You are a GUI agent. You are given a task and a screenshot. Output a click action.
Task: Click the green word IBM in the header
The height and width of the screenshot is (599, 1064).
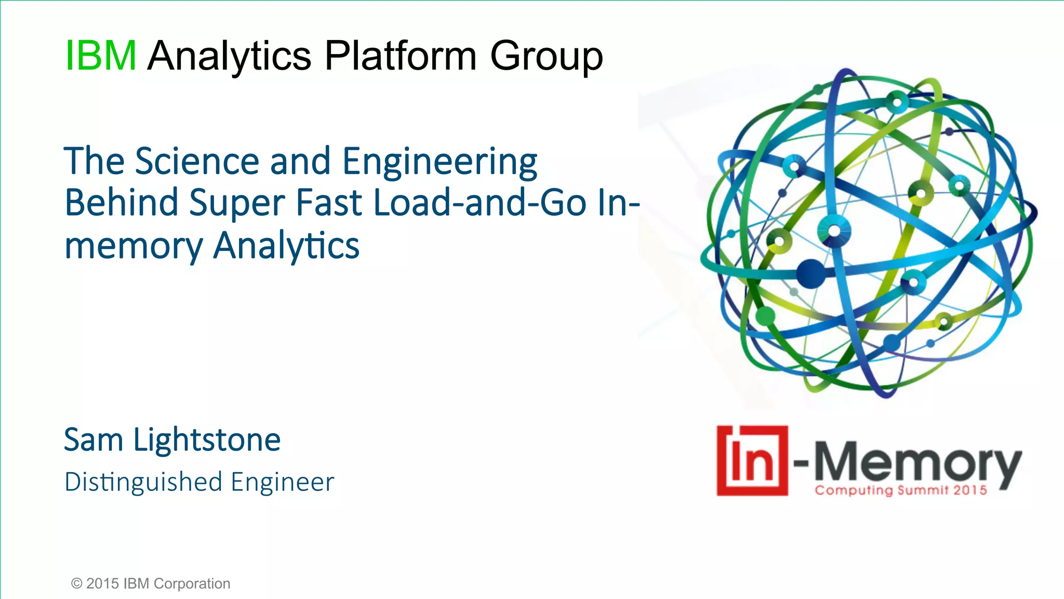101,56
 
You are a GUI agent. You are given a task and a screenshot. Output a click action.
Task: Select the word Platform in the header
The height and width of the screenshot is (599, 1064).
400,56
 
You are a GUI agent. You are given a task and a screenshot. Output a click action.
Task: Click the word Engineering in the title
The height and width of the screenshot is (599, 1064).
440,163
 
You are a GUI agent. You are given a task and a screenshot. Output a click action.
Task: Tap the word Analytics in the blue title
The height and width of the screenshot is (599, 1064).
286,246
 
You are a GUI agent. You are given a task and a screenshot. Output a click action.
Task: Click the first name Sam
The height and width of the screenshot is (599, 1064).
94,440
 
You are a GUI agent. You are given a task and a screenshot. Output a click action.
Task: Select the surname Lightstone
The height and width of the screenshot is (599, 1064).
207,441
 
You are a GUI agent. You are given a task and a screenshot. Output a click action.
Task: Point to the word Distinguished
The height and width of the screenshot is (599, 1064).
143,483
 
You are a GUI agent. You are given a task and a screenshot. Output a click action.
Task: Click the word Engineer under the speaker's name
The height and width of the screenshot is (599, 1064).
282,483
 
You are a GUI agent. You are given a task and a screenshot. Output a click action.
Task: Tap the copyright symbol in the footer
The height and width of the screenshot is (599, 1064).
76,583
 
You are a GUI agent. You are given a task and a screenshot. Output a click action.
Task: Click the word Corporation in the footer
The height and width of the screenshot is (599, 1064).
192,584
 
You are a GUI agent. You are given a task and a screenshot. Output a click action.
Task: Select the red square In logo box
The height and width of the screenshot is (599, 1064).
752,461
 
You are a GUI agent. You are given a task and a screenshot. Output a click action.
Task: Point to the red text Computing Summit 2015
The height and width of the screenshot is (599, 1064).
900,490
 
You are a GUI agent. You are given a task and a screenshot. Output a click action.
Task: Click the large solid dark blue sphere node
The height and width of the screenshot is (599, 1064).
810,274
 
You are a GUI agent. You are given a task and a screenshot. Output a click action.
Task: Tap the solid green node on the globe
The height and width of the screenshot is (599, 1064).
765,316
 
